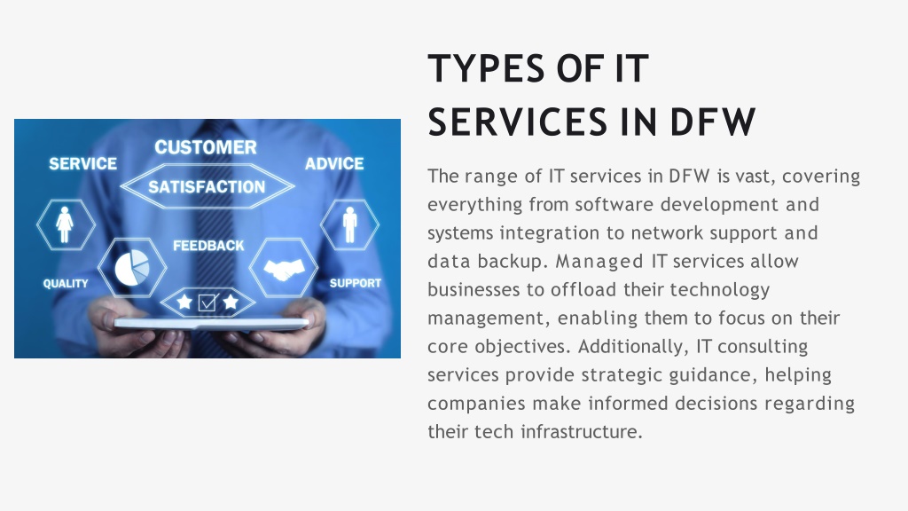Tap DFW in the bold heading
(x=713, y=122)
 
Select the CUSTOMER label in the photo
(x=206, y=147)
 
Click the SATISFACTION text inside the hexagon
(x=207, y=186)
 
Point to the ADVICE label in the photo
(x=334, y=164)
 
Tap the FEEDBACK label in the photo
(x=208, y=246)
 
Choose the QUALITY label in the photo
(x=66, y=283)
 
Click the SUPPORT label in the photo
(x=356, y=283)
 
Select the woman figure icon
(x=65, y=224)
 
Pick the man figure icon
(x=349, y=224)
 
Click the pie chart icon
(x=132, y=268)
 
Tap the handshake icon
(x=284, y=269)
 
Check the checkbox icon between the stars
(x=207, y=302)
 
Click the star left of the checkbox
(x=184, y=302)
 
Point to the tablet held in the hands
(x=211, y=323)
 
